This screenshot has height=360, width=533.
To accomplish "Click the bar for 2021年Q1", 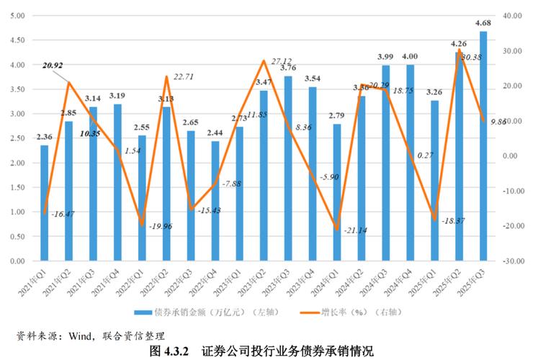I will pos(45,203).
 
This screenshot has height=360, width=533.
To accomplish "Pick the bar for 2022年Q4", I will pos(215,201).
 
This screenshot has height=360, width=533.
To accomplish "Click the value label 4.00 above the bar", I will pos(411,56).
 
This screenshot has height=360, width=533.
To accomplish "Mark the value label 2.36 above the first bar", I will pos(45,137).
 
